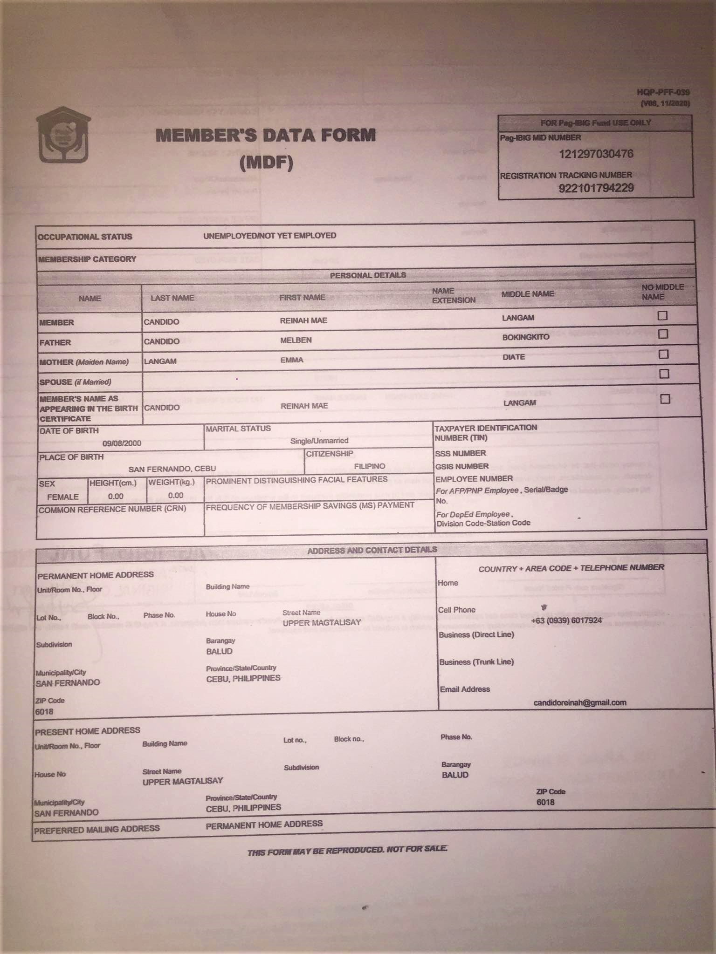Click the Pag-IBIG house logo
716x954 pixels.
(64, 135)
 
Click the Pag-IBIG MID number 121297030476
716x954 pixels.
(596, 154)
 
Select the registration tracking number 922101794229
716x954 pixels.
(596, 188)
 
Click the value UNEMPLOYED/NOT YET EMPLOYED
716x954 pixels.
(269, 236)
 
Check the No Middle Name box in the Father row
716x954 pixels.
(663, 334)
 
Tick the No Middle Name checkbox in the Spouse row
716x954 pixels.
(664, 374)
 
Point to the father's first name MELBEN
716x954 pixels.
(296, 340)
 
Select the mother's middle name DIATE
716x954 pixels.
(514, 357)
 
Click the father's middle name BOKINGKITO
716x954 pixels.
(525, 337)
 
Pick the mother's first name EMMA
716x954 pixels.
(292, 360)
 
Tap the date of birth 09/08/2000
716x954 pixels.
(122, 443)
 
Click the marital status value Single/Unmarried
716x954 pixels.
(319, 441)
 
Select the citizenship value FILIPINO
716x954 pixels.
(369, 466)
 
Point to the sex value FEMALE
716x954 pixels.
(63, 497)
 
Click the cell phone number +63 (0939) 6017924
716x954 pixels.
(566, 620)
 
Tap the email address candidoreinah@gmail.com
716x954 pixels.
(579, 702)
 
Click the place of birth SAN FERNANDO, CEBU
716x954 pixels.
(172, 469)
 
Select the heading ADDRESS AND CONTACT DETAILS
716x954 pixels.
(372, 550)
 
